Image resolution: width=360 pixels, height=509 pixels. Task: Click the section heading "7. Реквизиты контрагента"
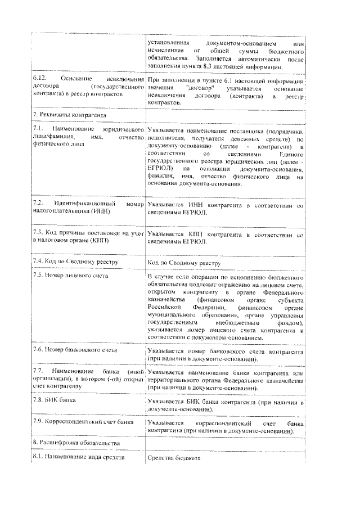click(x=70, y=115)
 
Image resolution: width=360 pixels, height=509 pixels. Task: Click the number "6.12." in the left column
click(x=40, y=79)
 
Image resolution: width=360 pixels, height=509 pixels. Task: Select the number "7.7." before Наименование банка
click(x=39, y=371)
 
